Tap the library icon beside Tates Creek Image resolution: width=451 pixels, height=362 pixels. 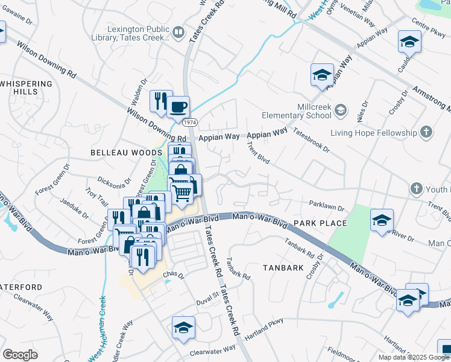click(178, 32)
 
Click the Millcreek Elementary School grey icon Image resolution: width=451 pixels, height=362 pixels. click(341, 110)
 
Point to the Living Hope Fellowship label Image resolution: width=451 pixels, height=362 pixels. click(373, 133)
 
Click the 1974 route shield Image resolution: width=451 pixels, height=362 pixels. click(190, 122)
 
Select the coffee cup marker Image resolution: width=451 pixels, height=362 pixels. click(178, 107)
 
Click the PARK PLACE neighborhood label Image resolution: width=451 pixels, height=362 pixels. click(320, 223)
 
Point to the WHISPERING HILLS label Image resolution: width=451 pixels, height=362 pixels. click(27, 87)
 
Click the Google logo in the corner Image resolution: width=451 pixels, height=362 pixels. click(20, 354)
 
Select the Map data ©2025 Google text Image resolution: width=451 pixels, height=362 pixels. click(414, 357)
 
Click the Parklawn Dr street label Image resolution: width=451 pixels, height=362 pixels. click(326, 207)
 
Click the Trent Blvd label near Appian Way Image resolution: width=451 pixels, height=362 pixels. click(258, 152)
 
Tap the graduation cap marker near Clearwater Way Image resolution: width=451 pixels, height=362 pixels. click(183, 328)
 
